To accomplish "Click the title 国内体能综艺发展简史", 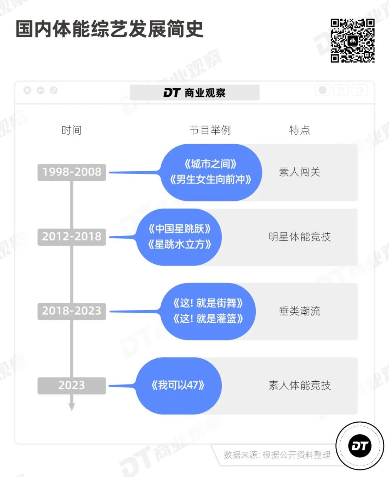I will [109, 29].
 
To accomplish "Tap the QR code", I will [352, 40].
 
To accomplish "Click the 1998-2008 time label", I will [72, 172].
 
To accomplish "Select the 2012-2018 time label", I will [72, 237].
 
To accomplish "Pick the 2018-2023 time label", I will [72, 311].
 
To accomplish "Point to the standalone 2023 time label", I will [72, 385].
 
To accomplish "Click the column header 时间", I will [72, 130].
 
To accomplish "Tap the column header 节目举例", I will [210, 130].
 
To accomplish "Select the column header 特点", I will [299, 130].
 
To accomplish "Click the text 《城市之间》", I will [210, 164].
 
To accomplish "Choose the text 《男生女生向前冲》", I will [210, 180].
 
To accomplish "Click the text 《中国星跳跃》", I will [179, 229].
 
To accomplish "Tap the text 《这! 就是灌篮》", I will [208, 319].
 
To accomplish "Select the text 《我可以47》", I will [178, 386].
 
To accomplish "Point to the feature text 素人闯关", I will [299, 172].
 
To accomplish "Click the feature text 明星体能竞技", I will [299, 237].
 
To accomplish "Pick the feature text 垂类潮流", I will [299, 311].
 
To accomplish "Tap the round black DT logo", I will [359, 446].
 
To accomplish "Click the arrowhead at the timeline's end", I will [72, 406].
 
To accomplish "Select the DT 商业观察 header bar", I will [194, 93].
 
